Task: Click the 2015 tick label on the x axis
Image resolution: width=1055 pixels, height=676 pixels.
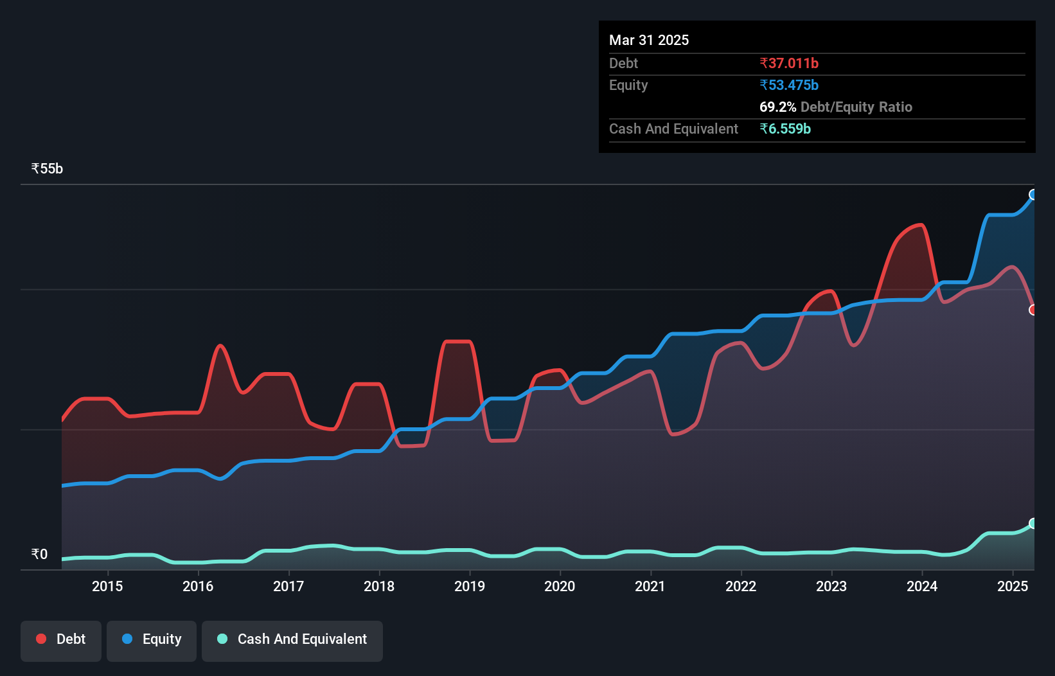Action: [107, 586]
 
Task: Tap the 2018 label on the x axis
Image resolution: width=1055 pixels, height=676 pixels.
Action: [379, 586]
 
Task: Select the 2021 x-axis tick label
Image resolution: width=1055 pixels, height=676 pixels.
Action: [650, 586]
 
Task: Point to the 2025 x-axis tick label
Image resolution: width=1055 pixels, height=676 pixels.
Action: [1013, 586]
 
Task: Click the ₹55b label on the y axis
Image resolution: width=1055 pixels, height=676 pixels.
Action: [47, 169]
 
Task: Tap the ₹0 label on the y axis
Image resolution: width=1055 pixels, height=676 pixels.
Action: [39, 555]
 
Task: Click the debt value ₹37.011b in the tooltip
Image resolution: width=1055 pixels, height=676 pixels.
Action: [789, 64]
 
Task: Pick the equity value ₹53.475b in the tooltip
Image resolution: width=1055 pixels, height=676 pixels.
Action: [789, 85]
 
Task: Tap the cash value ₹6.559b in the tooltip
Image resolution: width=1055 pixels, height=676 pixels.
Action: [785, 129]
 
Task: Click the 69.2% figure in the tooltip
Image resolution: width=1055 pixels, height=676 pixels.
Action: [777, 107]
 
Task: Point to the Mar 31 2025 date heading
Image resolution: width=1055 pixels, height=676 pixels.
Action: [649, 40]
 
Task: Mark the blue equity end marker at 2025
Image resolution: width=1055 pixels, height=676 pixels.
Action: [1033, 195]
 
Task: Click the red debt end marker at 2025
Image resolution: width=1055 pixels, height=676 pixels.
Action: [1033, 310]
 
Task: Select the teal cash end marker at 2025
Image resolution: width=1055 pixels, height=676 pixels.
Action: [1033, 524]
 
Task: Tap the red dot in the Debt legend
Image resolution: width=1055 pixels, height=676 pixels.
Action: [41, 639]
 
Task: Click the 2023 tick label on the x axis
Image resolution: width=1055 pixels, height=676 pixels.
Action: [831, 586]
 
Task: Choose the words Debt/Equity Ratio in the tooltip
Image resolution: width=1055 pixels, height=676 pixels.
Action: [856, 107]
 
